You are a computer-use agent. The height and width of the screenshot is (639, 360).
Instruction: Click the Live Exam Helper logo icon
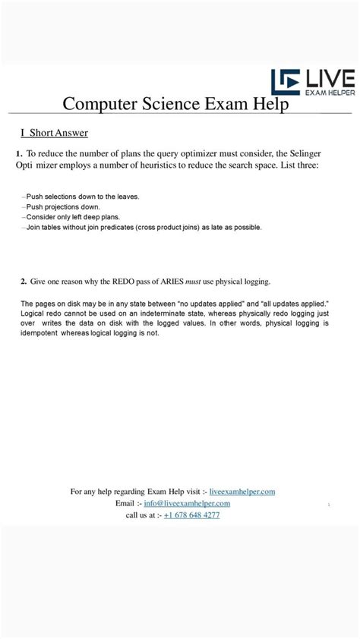pos(286,83)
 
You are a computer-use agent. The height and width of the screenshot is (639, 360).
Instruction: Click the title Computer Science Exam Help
pos(175,104)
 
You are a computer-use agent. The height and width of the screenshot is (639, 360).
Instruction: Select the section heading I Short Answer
pos(54,133)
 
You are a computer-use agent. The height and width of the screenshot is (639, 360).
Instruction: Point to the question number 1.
pos(18,153)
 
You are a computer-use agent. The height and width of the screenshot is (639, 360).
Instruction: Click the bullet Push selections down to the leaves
pos(83,197)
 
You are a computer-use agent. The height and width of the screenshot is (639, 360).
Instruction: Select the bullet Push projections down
pos(63,206)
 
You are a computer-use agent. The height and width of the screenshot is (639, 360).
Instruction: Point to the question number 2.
pos(24,282)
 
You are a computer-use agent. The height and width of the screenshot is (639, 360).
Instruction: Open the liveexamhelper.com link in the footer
pos(242,492)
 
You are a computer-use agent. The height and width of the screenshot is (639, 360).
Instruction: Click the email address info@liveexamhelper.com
pos(187,503)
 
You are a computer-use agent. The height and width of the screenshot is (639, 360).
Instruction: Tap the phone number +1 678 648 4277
pos(192,515)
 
